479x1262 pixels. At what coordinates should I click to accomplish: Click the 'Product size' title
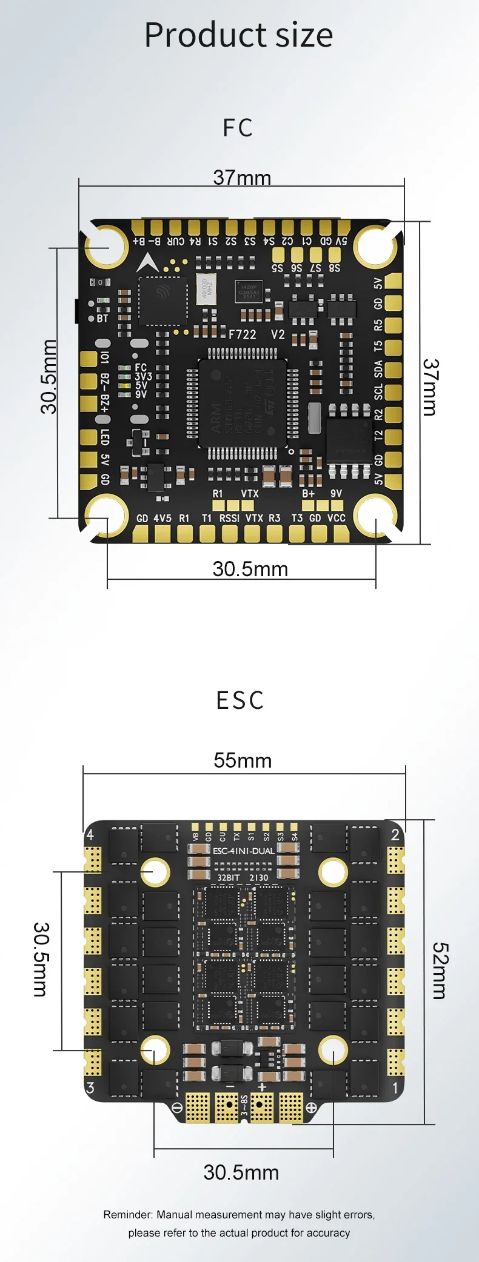pyautogui.click(x=238, y=35)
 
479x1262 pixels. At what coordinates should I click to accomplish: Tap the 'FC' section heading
pyautogui.click(x=238, y=128)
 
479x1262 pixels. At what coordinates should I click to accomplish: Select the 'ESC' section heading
pyautogui.click(x=240, y=700)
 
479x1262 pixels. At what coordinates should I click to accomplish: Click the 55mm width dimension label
pyautogui.click(x=243, y=760)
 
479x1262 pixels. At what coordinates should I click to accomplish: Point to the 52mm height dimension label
pyautogui.click(x=440, y=971)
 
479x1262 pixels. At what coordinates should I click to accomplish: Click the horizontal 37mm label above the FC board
pyautogui.click(x=242, y=178)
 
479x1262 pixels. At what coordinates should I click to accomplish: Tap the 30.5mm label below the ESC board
pyautogui.click(x=241, y=1172)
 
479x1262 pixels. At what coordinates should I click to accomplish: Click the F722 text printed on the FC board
pyautogui.click(x=242, y=334)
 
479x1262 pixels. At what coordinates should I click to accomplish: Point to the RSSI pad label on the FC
pyautogui.click(x=229, y=518)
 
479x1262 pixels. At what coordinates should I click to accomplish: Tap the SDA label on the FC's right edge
pyautogui.click(x=378, y=368)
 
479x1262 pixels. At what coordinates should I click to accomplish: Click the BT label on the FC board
pyautogui.click(x=102, y=318)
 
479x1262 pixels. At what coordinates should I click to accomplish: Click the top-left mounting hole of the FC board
pyautogui.click(x=106, y=247)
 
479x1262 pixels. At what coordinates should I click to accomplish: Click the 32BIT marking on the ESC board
pyautogui.click(x=229, y=877)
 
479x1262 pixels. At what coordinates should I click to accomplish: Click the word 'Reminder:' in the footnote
pyautogui.click(x=128, y=1215)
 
